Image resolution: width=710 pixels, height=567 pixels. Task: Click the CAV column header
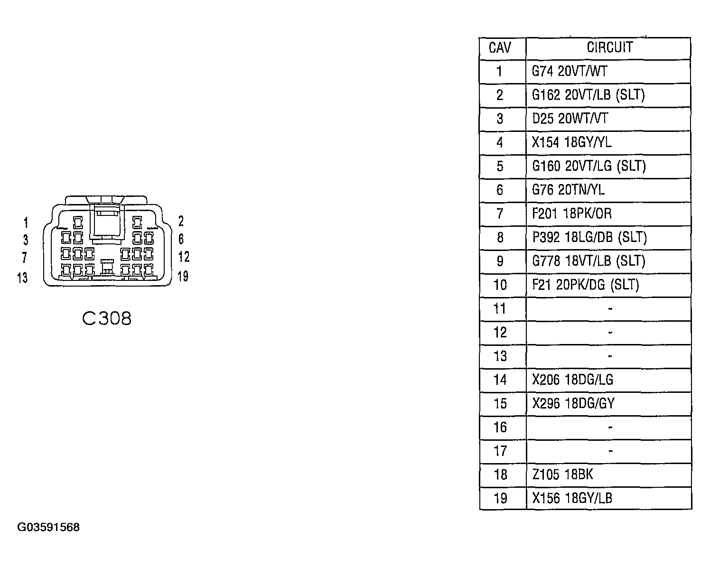coord(499,48)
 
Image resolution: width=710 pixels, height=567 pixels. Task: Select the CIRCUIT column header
coord(610,47)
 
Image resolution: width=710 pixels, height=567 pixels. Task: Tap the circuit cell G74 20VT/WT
coord(569,71)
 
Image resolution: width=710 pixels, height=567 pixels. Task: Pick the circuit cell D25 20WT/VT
coord(570,119)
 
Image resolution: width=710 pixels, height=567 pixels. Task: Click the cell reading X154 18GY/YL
coord(571,142)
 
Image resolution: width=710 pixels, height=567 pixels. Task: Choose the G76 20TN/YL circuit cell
coord(568,190)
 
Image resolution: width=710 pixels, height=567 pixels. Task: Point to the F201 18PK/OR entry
coord(572,214)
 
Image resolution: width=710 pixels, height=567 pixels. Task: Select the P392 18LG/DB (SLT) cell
coord(589,238)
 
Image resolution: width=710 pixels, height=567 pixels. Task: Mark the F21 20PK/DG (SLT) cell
coord(585,285)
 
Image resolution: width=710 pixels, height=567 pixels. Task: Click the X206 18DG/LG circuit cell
coord(572,380)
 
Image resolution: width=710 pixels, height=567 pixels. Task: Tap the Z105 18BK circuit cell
coord(562,474)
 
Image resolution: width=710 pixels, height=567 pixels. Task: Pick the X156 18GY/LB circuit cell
coord(572,498)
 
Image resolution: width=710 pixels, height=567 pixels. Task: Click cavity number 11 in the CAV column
coord(499,309)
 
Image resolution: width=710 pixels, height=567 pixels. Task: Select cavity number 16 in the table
coord(500,428)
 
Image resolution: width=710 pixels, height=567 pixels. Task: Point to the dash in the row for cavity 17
coord(610,451)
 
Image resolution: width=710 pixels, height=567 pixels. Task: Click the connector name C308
coord(107,319)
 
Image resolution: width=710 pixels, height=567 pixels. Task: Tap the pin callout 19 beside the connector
coord(183,277)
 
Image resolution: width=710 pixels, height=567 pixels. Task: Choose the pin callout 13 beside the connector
coord(22,278)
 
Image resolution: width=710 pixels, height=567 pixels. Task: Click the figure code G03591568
coord(48,527)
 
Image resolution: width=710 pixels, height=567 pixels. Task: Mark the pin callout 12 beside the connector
coord(184,257)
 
